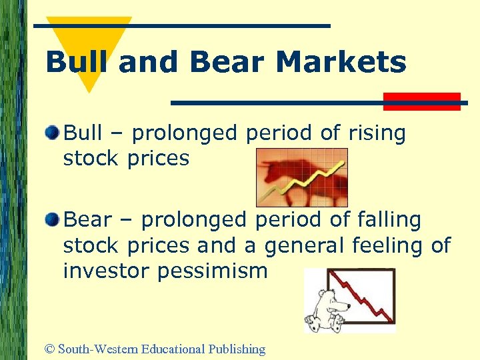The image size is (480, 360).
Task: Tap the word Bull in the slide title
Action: click(79, 63)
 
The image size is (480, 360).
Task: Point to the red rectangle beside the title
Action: click(421, 101)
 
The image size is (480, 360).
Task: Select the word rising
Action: click(375, 133)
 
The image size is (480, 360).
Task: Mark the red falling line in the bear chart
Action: click(367, 293)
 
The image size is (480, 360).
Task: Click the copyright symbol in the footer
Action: click(49, 349)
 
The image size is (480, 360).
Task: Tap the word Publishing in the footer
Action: click(237, 349)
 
